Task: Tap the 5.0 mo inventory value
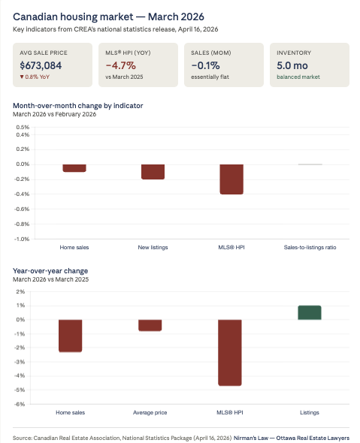(292, 65)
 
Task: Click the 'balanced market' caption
(296, 77)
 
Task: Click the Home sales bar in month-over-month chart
(74, 168)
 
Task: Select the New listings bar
(153, 172)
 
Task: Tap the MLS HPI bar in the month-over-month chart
(231, 179)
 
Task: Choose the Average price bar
(150, 325)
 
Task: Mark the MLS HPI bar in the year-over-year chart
(230, 352)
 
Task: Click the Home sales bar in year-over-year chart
(71, 336)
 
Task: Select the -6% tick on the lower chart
(21, 404)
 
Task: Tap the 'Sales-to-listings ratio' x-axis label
(310, 246)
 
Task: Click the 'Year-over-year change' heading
(50, 270)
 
